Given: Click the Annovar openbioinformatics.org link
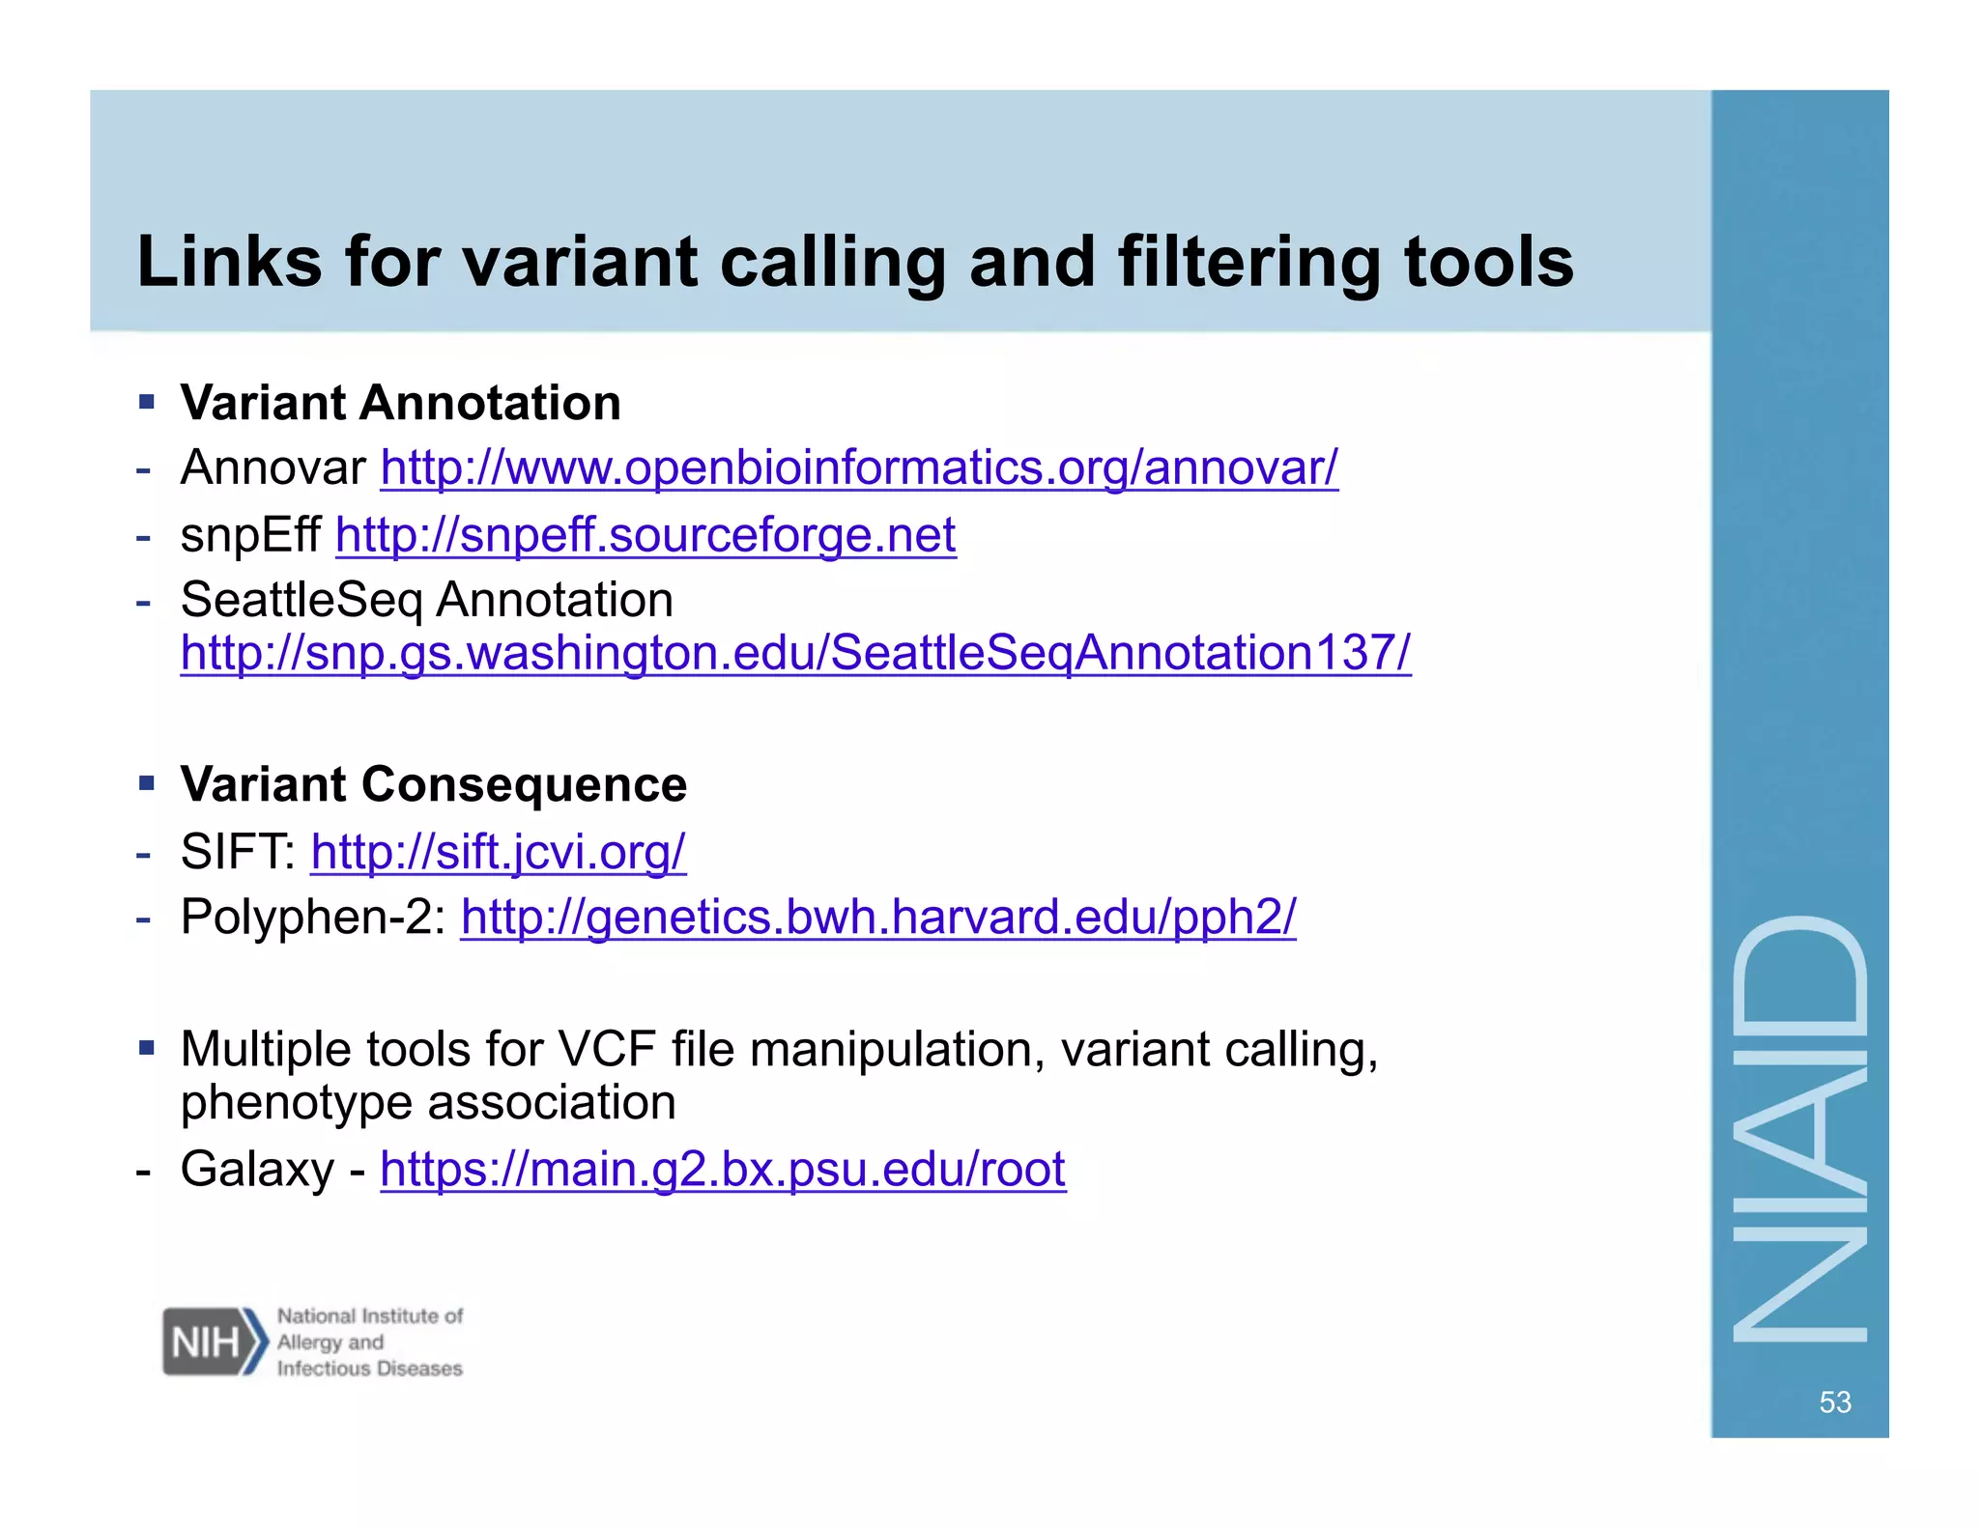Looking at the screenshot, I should click(858, 468).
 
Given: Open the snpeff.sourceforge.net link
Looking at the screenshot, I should click(645, 535).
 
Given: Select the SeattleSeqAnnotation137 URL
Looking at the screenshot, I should click(795, 653).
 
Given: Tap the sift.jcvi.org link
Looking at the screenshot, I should click(498, 852).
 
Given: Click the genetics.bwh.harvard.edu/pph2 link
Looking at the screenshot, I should click(877, 917).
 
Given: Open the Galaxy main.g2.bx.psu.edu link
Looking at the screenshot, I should click(722, 1170).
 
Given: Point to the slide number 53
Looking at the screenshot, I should click(1834, 1401).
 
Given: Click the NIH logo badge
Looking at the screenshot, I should click(213, 1342).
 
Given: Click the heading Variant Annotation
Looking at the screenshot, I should click(400, 403).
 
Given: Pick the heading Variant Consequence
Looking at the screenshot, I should click(433, 784).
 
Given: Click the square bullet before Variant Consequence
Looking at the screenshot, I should click(147, 782).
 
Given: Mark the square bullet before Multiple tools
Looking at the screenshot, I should click(147, 1047).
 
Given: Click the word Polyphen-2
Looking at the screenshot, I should click(305, 917).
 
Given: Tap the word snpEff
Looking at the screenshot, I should click(249, 535).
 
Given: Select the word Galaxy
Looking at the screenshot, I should click(256, 1170).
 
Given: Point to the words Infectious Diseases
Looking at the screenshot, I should click(369, 1368).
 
